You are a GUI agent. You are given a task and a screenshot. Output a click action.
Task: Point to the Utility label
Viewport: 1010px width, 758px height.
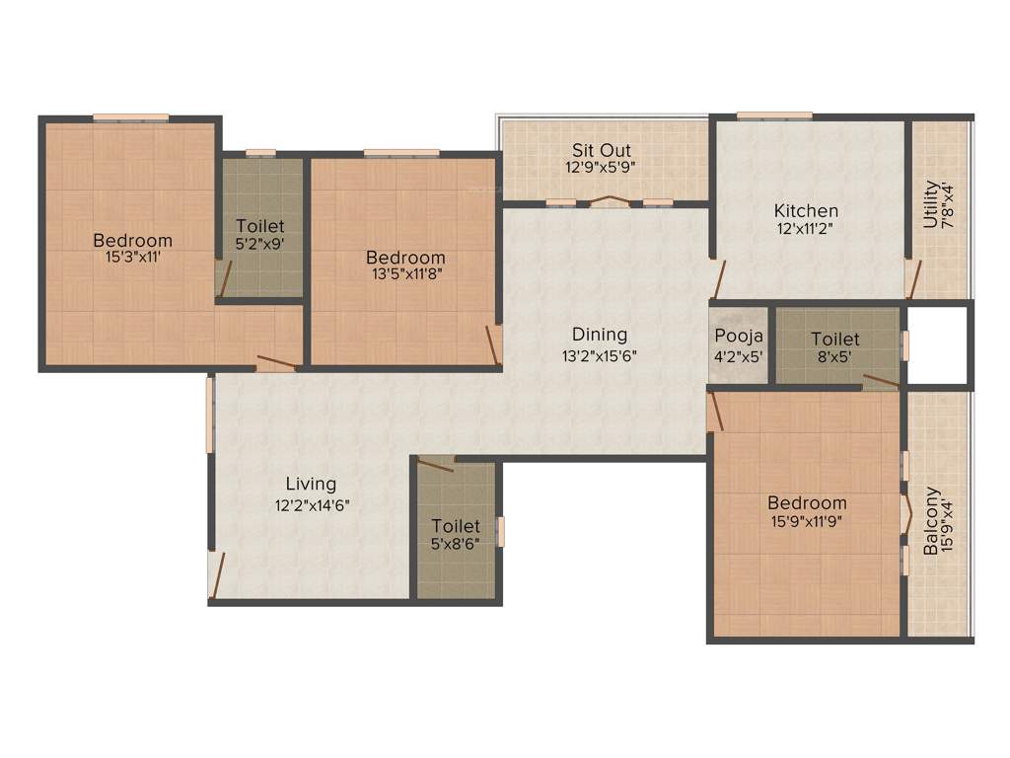click(x=930, y=203)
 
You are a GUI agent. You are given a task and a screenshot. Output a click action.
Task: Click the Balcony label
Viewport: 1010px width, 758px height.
click(x=930, y=520)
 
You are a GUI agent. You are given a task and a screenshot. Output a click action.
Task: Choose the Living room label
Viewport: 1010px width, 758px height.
click(x=311, y=484)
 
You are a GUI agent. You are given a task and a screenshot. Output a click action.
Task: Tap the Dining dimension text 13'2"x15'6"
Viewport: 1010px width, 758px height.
click(x=600, y=356)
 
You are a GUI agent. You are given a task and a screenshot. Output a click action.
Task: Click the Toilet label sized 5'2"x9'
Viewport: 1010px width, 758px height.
click(x=260, y=227)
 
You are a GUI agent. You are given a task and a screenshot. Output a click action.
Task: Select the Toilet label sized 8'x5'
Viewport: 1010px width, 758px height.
click(x=834, y=340)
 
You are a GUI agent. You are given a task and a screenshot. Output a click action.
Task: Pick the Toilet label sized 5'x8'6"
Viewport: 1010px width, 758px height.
click(x=456, y=526)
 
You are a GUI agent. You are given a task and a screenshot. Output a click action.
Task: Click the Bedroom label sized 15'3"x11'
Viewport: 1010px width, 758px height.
click(x=132, y=240)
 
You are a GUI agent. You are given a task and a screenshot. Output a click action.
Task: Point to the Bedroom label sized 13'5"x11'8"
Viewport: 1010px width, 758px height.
click(x=404, y=258)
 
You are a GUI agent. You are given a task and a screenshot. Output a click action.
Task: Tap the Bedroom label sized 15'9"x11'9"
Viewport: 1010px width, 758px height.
click(x=808, y=502)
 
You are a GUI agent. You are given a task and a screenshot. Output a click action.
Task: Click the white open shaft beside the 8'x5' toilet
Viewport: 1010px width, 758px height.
click(x=937, y=344)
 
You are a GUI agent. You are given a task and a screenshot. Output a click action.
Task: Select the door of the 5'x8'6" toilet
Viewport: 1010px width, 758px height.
click(x=435, y=464)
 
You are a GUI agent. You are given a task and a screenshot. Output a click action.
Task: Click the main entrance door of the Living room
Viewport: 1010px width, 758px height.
click(x=216, y=576)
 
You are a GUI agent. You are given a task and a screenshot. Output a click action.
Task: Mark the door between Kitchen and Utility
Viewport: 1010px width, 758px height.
click(x=912, y=277)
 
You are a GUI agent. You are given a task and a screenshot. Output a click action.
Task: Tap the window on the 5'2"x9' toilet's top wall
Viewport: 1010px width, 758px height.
click(x=260, y=152)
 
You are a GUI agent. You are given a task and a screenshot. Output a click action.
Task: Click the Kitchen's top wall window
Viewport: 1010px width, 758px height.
click(x=774, y=115)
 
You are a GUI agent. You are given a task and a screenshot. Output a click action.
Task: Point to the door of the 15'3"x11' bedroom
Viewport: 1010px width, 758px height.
click(x=275, y=362)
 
